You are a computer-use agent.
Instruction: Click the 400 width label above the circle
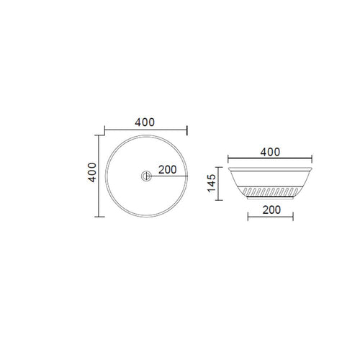pyautogui.click(x=145, y=122)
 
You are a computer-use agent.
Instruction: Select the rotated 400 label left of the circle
pyautogui.click(x=91, y=174)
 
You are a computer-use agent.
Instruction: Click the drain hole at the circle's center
pyautogui.click(x=145, y=175)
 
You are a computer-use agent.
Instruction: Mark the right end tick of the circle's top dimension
pyautogui.click(x=187, y=130)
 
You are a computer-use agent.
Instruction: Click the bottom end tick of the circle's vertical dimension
pyautogui.click(x=99, y=217)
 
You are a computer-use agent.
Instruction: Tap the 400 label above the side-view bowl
pyautogui.click(x=270, y=152)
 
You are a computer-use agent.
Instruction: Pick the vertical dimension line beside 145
pyautogui.click(x=219, y=182)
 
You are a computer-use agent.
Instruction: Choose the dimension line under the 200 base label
pyautogui.click(x=270, y=217)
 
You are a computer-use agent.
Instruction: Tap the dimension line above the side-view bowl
pyautogui.click(x=270, y=159)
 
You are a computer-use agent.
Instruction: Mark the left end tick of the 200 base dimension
pyautogui.click(x=248, y=217)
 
